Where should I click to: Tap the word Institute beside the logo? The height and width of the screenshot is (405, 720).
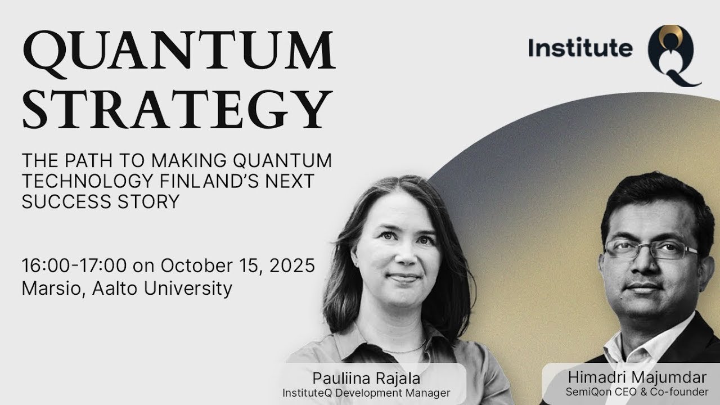[580, 48]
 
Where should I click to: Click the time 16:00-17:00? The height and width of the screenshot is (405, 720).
[74, 265]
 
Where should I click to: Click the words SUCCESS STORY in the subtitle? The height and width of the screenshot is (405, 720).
[100, 201]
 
